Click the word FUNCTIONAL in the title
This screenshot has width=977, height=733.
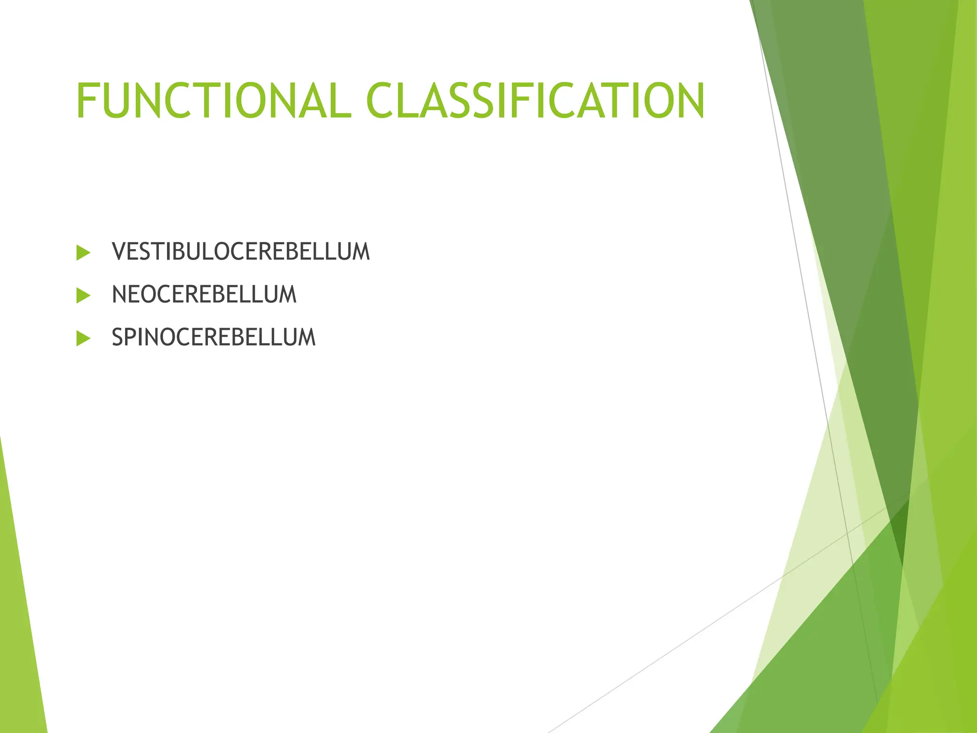(x=214, y=101)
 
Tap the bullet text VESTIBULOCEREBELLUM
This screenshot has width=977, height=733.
(x=240, y=252)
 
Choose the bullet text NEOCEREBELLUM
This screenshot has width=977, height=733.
(x=204, y=294)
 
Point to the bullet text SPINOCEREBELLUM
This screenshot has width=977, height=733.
(x=213, y=337)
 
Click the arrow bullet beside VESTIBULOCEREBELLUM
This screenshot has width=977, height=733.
(x=83, y=253)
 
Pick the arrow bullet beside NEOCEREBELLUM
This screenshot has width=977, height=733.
(x=83, y=296)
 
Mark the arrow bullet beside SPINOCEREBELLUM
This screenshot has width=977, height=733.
(x=83, y=339)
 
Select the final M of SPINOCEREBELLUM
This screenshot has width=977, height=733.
(x=307, y=337)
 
